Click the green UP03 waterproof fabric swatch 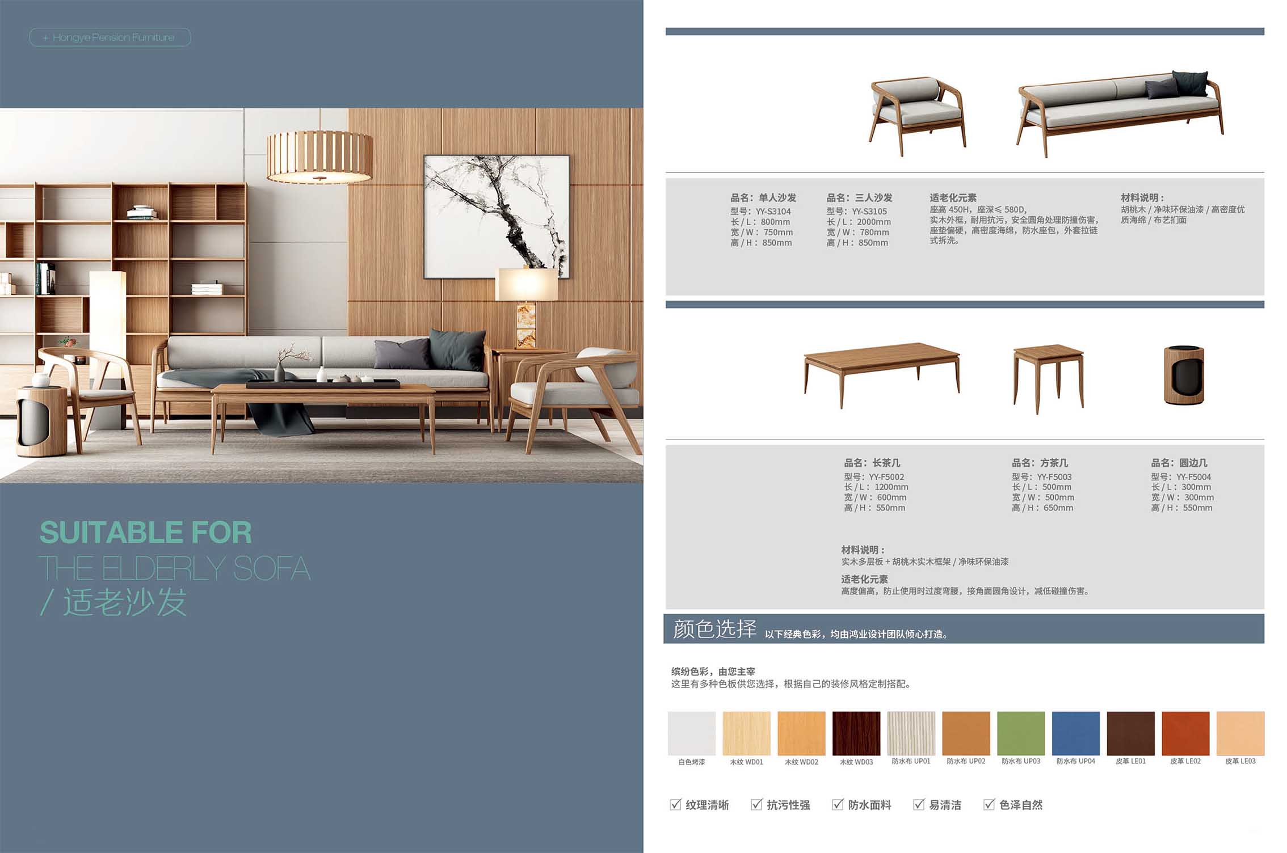point(1020,733)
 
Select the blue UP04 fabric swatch point(1075,733)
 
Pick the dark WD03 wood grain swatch point(856,733)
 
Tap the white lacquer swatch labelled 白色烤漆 point(691,733)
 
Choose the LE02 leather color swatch point(1185,733)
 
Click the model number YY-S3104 point(773,212)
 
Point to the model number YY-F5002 point(886,477)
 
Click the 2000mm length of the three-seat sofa point(873,222)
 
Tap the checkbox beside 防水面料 point(838,804)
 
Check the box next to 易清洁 point(919,804)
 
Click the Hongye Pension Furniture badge point(110,37)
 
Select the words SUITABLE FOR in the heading point(146,532)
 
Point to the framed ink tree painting point(497,217)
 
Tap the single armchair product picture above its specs point(917,116)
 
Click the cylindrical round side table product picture point(1184,375)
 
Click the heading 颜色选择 point(714,629)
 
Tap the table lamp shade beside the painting point(527,285)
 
